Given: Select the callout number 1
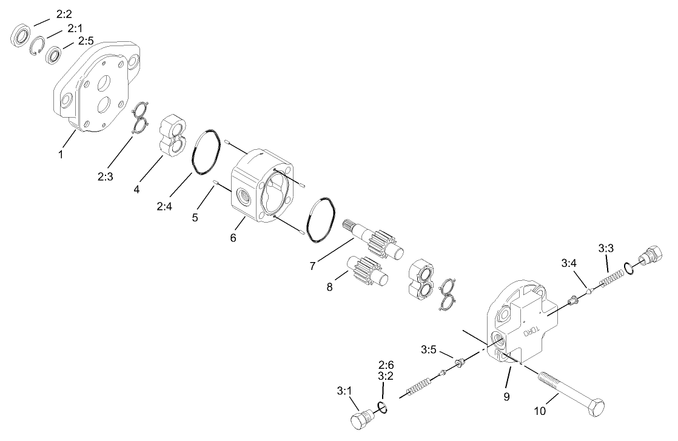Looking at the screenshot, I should (x=61, y=154).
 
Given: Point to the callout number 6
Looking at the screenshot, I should (x=233, y=238).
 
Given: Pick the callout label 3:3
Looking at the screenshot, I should (x=606, y=248).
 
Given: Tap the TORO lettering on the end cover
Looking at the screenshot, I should (x=532, y=329).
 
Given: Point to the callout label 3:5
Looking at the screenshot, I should (x=429, y=350).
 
